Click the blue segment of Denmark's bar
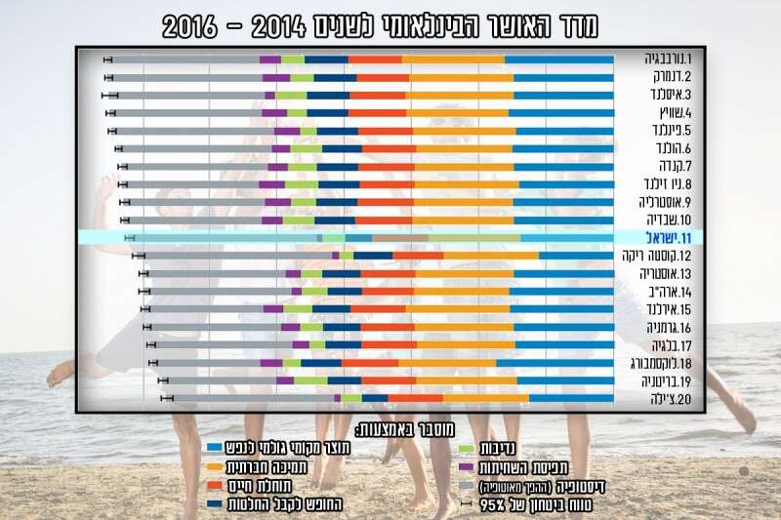point(561,77)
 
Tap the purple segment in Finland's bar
point(287,131)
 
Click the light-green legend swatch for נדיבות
point(468,450)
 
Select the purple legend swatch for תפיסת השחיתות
point(468,468)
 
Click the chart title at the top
point(381,24)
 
